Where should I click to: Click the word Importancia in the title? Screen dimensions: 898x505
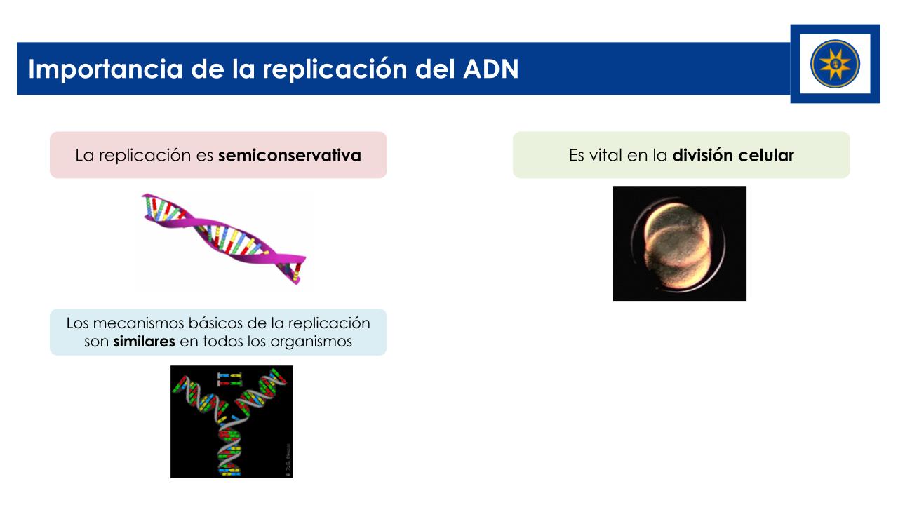click(106, 69)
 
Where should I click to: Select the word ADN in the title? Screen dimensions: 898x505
click(491, 69)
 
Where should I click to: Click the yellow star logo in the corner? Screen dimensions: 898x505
click(835, 64)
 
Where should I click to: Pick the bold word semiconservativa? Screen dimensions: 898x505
click(290, 156)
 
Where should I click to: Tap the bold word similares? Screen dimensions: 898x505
click(144, 342)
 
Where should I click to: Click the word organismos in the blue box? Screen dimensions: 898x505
click(311, 342)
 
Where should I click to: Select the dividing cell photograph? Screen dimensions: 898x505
click(680, 243)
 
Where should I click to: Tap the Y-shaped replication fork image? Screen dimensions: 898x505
click(232, 422)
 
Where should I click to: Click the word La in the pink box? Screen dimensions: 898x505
click(84, 156)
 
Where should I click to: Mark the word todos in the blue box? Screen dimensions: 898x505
click(223, 342)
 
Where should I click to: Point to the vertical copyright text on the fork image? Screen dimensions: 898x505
click(288, 459)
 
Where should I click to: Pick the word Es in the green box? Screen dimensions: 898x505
click(577, 156)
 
